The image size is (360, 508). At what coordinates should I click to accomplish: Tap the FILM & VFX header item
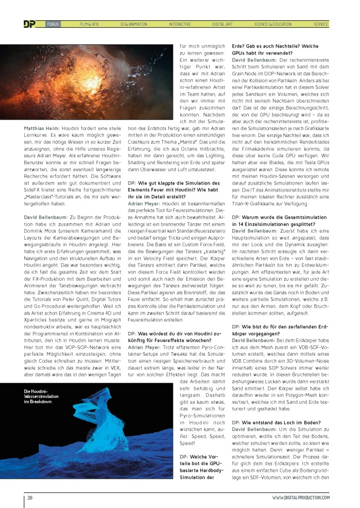pyautogui.click(x=89, y=24)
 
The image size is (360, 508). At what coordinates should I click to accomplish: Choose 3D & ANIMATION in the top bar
pyautogui.click(x=134, y=24)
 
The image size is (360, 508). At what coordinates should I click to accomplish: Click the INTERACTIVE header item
pyautogui.click(x=179, y=24)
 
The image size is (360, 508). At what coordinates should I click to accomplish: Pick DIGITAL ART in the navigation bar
pyautogui.click(x=223, y=24)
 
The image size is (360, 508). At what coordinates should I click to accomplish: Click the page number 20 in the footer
pyautogui.click(x=30, y=498)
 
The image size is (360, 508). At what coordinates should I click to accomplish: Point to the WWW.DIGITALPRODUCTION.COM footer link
pyautogui.click(x=300, y=498)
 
